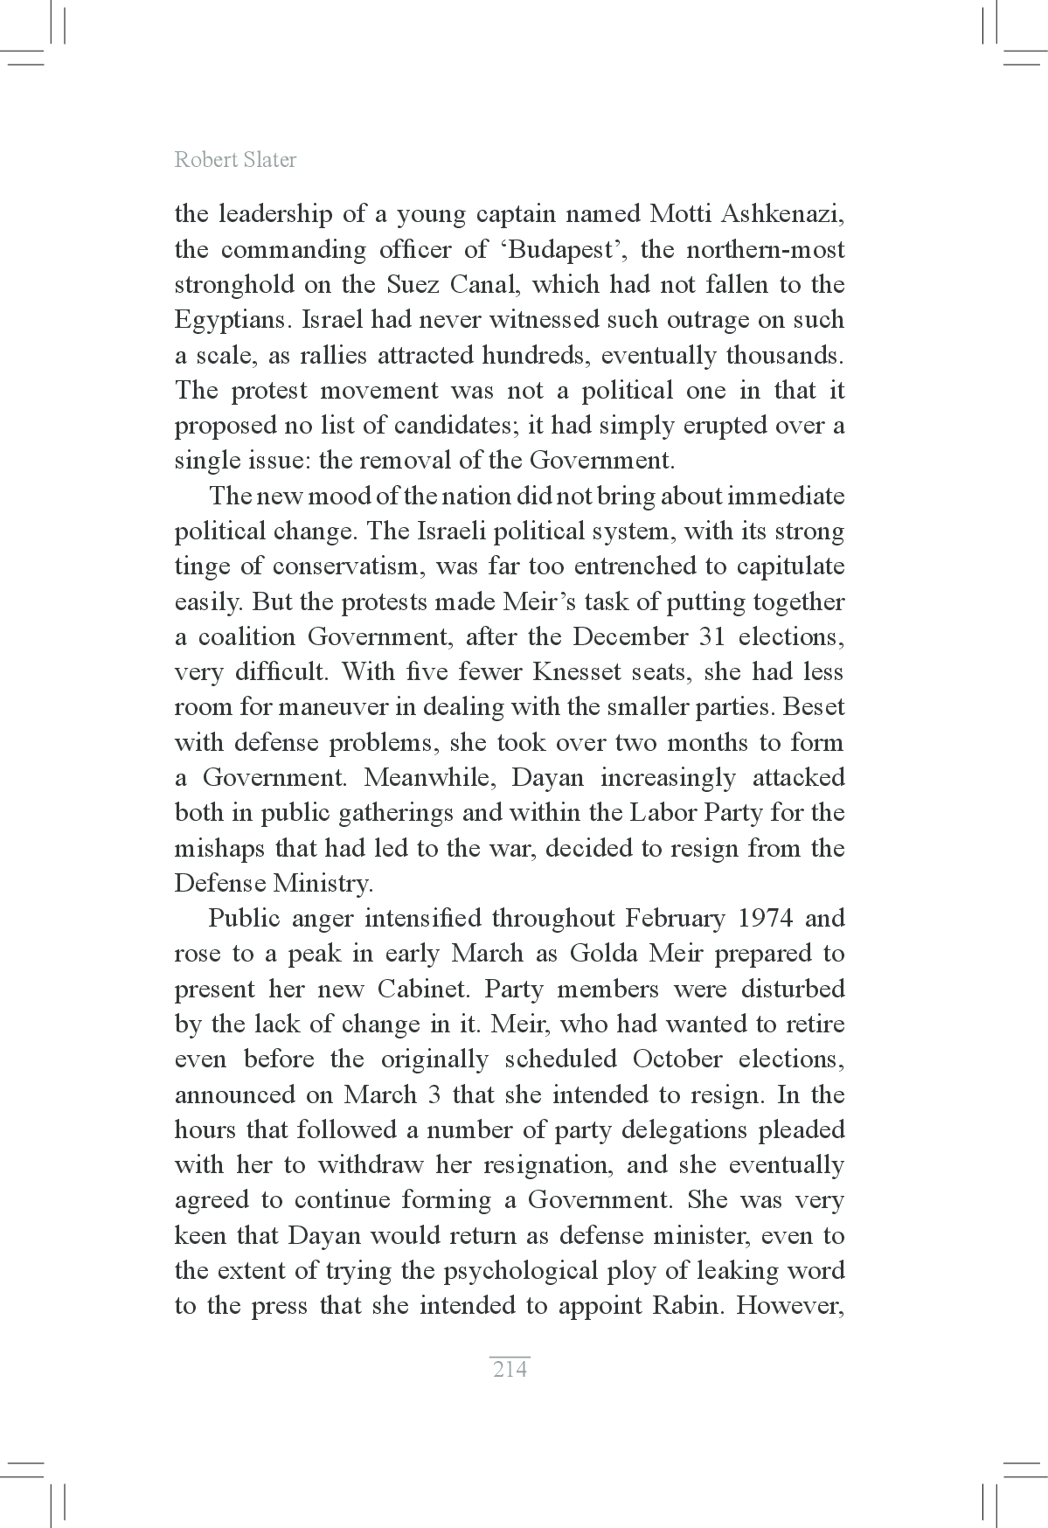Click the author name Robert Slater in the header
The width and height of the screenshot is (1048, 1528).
pos(235,159)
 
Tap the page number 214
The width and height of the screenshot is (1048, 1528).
pos(510,1369)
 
